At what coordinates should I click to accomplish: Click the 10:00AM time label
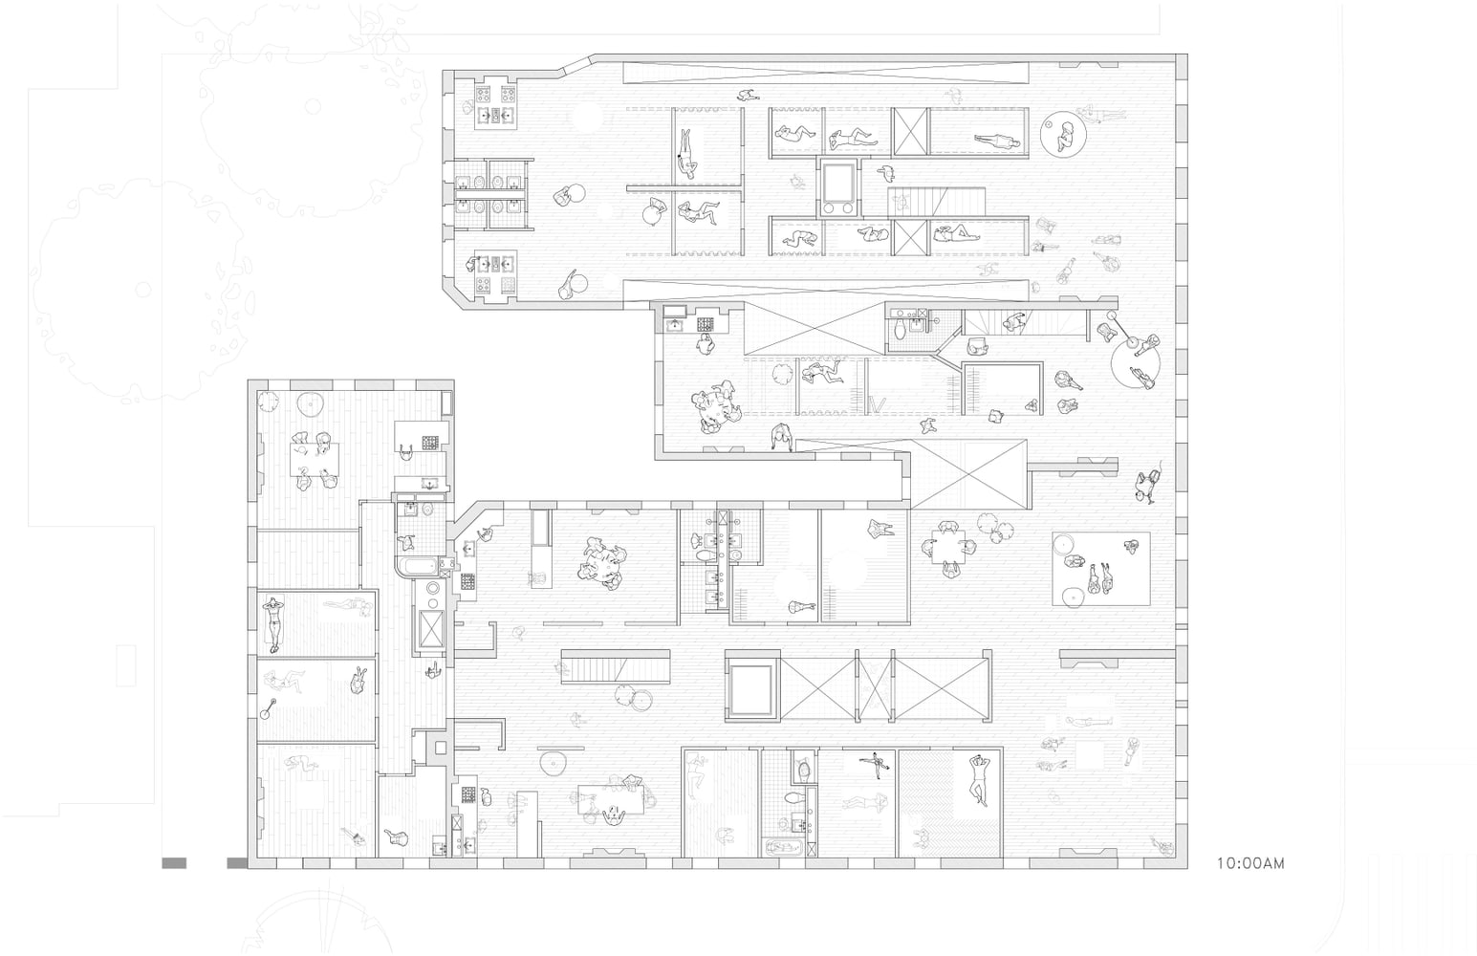coord(1250,863)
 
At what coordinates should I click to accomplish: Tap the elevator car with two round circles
coord(838,188)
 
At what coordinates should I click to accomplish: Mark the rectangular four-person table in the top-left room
coord(315,460)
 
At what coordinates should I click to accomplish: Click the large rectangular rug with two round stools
coord(1100,568)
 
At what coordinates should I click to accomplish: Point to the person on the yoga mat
coord(272,623)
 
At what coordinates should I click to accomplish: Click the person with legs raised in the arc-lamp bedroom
coord(285,682)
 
